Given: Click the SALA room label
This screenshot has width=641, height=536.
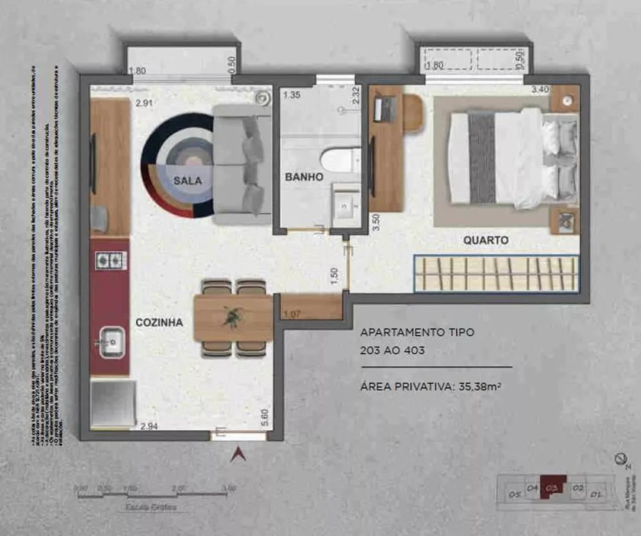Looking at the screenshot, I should click(x=187, y=181).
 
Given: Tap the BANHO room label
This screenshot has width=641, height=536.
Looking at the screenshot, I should click(x=304, y=177).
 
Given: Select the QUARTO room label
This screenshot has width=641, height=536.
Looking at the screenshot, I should click(x=486, y=241).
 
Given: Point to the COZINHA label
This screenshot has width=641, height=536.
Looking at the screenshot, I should click(x=159, y=323).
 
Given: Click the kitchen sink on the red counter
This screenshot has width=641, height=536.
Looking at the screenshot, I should click(x=112, y=340).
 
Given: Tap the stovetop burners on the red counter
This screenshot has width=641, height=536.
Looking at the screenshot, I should click(x=111, y=260).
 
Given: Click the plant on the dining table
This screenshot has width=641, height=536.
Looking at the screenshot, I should click(x=233, y=316).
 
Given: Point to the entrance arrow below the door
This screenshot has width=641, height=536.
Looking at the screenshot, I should click(x=239, y=454).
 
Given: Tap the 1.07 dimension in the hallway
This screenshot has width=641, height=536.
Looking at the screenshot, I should click(x=292, y=314).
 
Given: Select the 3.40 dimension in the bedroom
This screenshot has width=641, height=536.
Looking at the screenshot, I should click(x=540, y=90).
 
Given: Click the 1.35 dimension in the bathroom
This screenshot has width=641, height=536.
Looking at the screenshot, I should click(x=292, y=95).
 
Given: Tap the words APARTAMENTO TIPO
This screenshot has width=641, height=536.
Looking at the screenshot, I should click(x=408, y=332).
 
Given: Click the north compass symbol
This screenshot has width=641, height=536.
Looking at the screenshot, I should click(x=620, y=459).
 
